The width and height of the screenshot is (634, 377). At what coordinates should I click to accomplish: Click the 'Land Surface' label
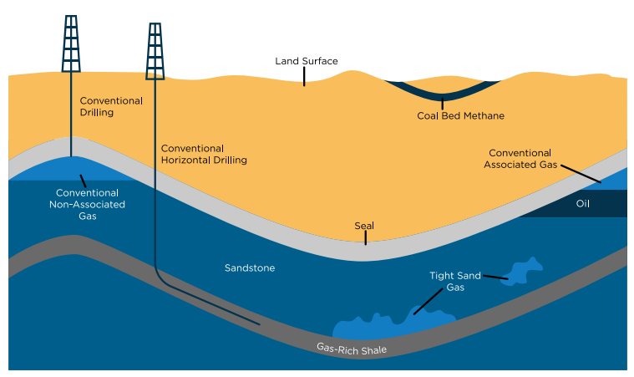click(307, 61)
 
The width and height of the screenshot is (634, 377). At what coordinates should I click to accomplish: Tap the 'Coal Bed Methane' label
click(460, 115)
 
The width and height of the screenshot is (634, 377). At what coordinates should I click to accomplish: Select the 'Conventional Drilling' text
click(111, 106)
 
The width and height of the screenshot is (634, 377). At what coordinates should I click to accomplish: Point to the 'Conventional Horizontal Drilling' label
click(204, 154)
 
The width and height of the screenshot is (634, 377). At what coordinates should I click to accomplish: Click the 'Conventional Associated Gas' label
click(520, 159)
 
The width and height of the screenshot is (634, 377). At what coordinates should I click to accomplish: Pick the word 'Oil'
click(583, 203)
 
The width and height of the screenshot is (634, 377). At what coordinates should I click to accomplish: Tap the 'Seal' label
click(364, 226)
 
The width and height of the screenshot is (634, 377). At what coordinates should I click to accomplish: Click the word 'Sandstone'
click(250, 268)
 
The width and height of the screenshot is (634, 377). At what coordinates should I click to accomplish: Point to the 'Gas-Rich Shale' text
click(352, 348)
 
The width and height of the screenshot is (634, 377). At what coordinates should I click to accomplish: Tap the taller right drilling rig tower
click(155, 50)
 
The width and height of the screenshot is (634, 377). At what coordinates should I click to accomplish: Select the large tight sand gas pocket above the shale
click(393, 324)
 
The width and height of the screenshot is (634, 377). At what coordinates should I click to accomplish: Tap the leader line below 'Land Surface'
click(304, 76)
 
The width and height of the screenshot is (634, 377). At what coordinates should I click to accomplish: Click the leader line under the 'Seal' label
click(364, 237)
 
